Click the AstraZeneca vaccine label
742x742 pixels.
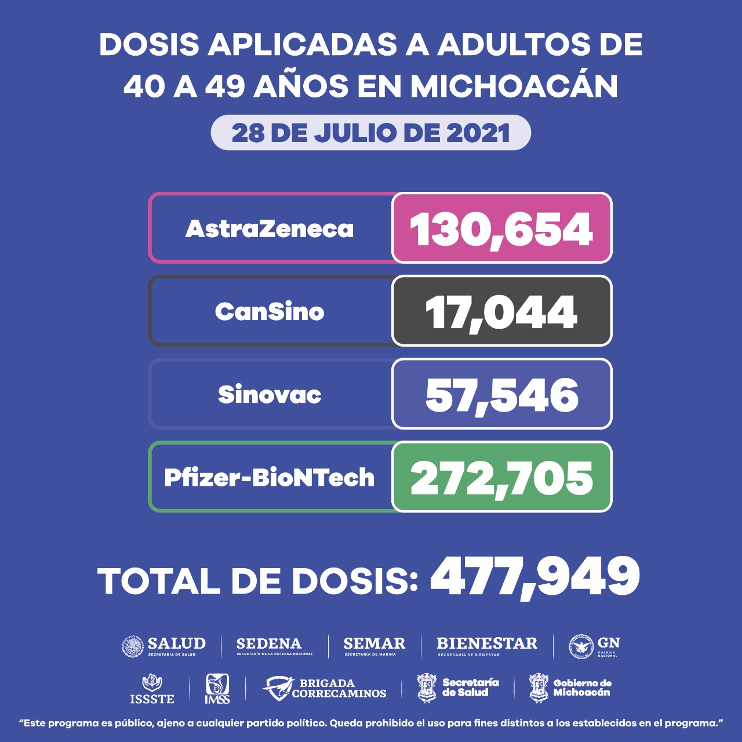coord(270,228)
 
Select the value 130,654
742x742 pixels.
coord(501,228)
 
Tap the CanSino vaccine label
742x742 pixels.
coord(270,312)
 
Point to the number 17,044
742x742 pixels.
coord(501,312)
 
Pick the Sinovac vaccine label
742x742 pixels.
coord(270,395)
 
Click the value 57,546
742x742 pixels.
coord(501,395)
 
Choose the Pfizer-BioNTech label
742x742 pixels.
coord(270,478)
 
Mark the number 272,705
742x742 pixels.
coord(501,478)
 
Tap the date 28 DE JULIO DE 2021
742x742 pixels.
coord(371,133)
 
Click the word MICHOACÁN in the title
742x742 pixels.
coord(514,86)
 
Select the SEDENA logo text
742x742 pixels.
coord(270,645)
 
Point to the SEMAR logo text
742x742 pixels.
coord(374,645)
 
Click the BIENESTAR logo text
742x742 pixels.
coord(487,645)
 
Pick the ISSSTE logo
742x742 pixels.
coord(152,689)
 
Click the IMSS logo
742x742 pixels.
coord(217,689)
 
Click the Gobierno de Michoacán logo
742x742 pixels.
coord(570,688)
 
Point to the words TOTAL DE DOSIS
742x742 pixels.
coord(258,581)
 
